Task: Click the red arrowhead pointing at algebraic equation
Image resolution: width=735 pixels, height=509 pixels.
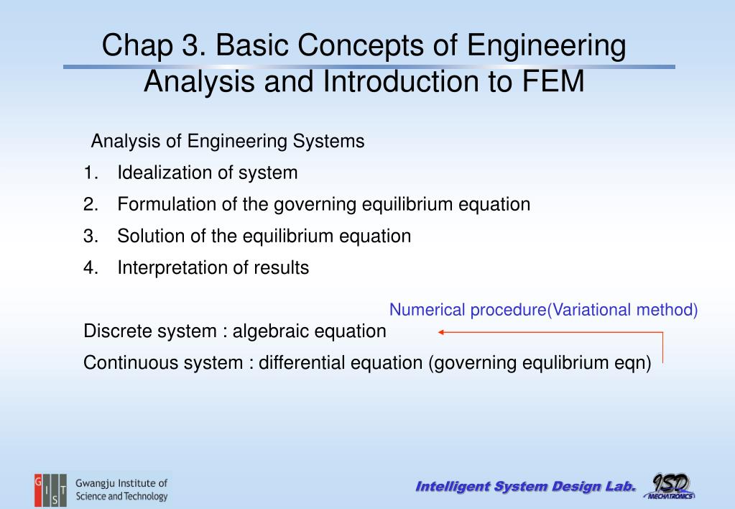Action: (441, 332)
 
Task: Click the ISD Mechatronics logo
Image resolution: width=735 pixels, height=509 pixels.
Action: (670, 487)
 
